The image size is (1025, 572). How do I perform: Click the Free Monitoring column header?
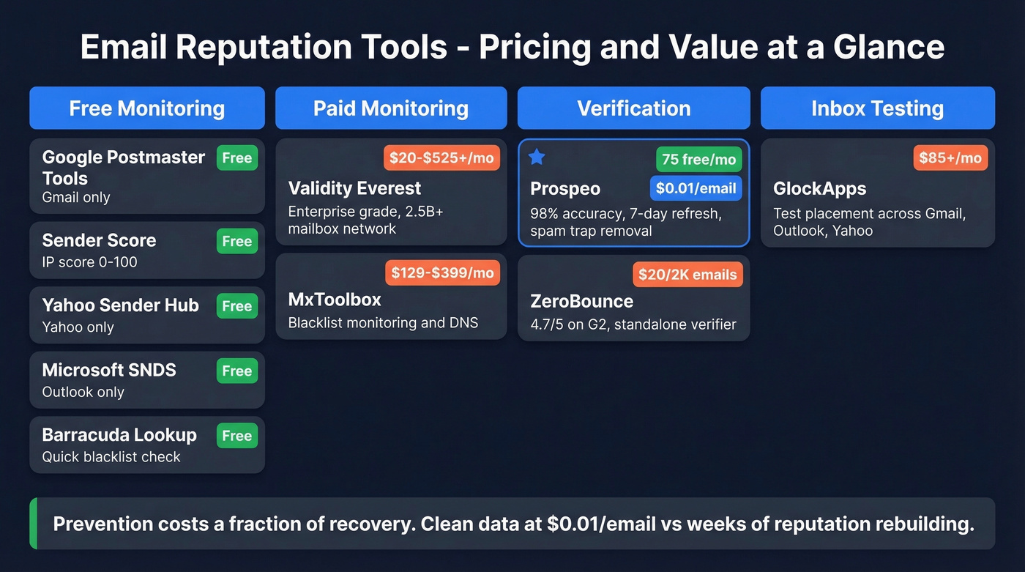[x=146, y=108]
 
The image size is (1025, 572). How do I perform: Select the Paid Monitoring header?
[x=391, y=108]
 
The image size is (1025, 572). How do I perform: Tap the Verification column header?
[x=633, y=108]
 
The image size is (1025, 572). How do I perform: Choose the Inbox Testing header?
[x=877, y=108]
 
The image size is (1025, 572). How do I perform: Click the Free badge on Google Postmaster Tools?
[x=237, y=157]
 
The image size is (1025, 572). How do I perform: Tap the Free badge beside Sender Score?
[x=237, y=241]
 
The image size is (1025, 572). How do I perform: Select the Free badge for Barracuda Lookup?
[x=237, y=436]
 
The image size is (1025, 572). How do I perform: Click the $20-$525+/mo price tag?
[x=441, y=157]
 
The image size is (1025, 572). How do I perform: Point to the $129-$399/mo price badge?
[x=442, y=273]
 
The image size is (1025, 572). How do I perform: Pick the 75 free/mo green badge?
[x=698, y=159]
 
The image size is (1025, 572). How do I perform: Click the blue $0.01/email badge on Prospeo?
[x=696, y=188]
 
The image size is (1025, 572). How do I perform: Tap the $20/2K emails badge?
[x=687, y=275]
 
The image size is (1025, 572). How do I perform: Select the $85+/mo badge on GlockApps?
[x=950, y=157]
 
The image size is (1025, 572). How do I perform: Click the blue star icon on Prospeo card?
[x=537, y=156]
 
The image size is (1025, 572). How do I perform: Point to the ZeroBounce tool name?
[x=581, y=301]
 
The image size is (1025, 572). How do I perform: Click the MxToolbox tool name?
[x=334, y=300]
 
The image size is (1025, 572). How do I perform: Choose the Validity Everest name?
[x=354, y=188]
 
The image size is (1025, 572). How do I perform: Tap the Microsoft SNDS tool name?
[x=109, y=370]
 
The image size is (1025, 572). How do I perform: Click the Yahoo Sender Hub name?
[x=120, y=305]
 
